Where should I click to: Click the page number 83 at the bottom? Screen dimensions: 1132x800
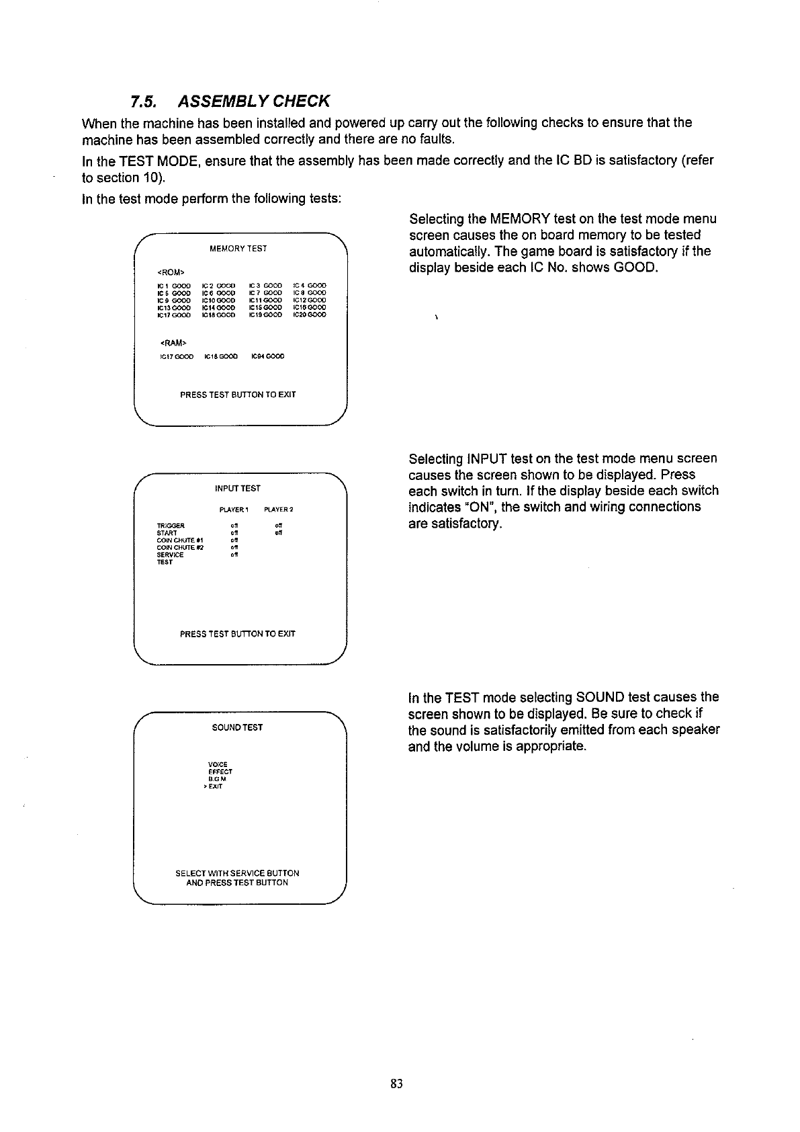pos(396,1083)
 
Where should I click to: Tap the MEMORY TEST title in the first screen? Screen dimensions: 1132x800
pos(238,249)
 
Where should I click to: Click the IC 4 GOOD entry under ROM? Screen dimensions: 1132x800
pos(310,285)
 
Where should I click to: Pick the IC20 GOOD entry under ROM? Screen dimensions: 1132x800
pos(310,315)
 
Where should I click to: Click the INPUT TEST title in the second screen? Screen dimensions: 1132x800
pos(238,488)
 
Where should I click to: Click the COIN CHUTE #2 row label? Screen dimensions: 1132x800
pos(179,547)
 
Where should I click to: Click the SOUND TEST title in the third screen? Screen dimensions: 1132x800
pos(237,727)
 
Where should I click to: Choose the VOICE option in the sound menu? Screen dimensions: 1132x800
pos(218,764)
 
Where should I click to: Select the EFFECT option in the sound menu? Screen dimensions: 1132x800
pos(220,772)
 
